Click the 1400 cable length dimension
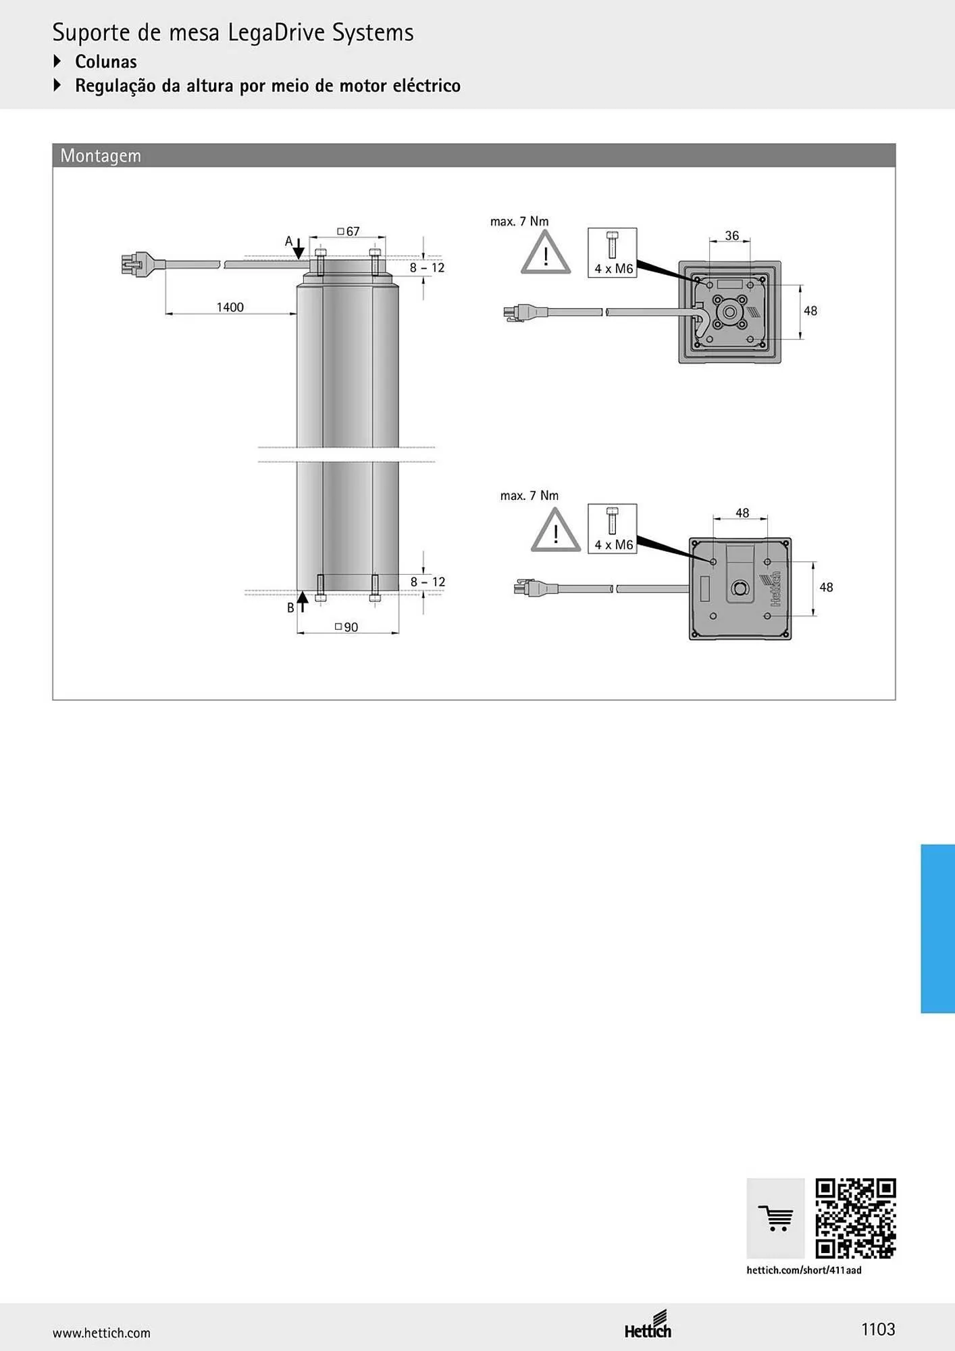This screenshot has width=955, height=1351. click(x=230, y=307)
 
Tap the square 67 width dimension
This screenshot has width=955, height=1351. click(x=349, y=232)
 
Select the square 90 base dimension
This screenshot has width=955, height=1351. click(x=346, y=628)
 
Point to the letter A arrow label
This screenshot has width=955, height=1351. click(x=288, y=241)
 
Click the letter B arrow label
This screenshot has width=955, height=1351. click(x=290, y=608)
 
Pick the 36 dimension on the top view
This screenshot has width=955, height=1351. click(x=732, y=236)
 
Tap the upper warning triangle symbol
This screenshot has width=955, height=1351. click(x=546, y=253)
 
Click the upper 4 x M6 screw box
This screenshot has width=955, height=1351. click(x=613, y=253)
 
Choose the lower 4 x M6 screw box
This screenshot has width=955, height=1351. click(x=613, y=529)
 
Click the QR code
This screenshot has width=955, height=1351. click(x=856, y=1219)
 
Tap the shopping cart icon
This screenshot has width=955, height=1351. click(x=775, y=1219)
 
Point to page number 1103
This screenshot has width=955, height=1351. click(x=878, y=1329)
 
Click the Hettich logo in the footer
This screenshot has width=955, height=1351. click(x=648, y=1325)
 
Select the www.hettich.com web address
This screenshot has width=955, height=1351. click(x=101, y=1333)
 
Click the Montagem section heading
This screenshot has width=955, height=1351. click(x=101, y=155)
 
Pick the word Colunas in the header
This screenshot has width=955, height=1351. click(x=106, y=61)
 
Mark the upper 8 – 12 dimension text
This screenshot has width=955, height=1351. click(x=428, y=267)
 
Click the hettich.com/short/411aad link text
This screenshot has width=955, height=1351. click(x=804, y=1270)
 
